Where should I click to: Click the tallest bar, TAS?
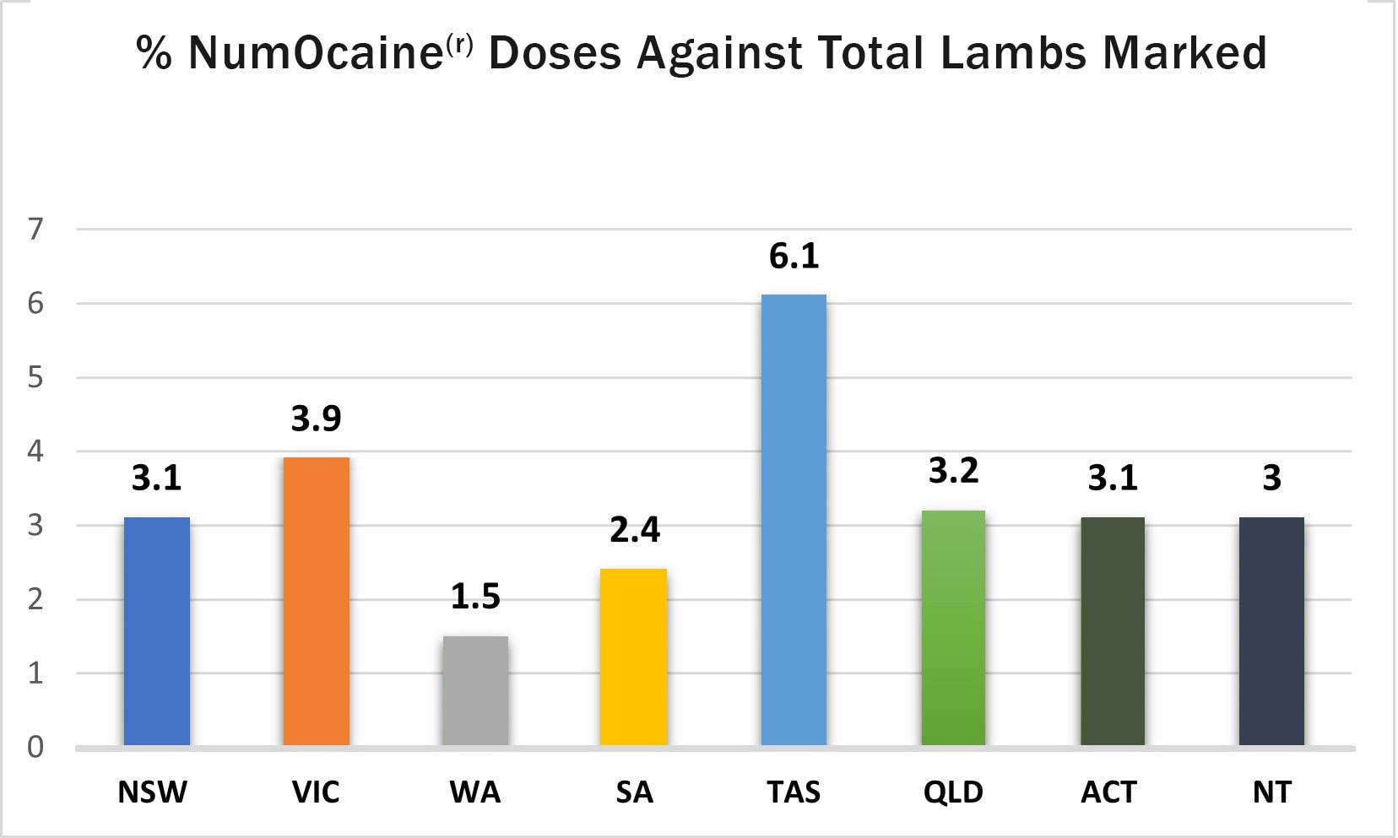pyautogui.click(x=794, y=520)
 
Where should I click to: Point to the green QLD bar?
pyautogui.click(x=953, y=628)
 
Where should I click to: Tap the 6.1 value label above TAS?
pyautogui.click(x=794, y=256)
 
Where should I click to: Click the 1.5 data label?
pyautogui.click(x=475, y=597)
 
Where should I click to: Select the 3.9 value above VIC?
pyautogui.click(x=317, y=419)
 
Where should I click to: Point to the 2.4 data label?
pyautogui.click(x=634, y=530)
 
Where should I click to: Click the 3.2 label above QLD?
pyautogui.click(x=953, y=471)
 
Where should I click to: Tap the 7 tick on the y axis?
pyautogui.click(x=35, y=229)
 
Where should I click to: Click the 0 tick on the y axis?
pyautogui.click(x=35, y=747)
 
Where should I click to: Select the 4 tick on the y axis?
pyautogui.click(x=35, y=451)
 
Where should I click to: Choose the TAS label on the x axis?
pyautogui.click(x=794, y=792)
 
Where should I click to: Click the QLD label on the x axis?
pyautogui.click(x=953, y=792)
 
